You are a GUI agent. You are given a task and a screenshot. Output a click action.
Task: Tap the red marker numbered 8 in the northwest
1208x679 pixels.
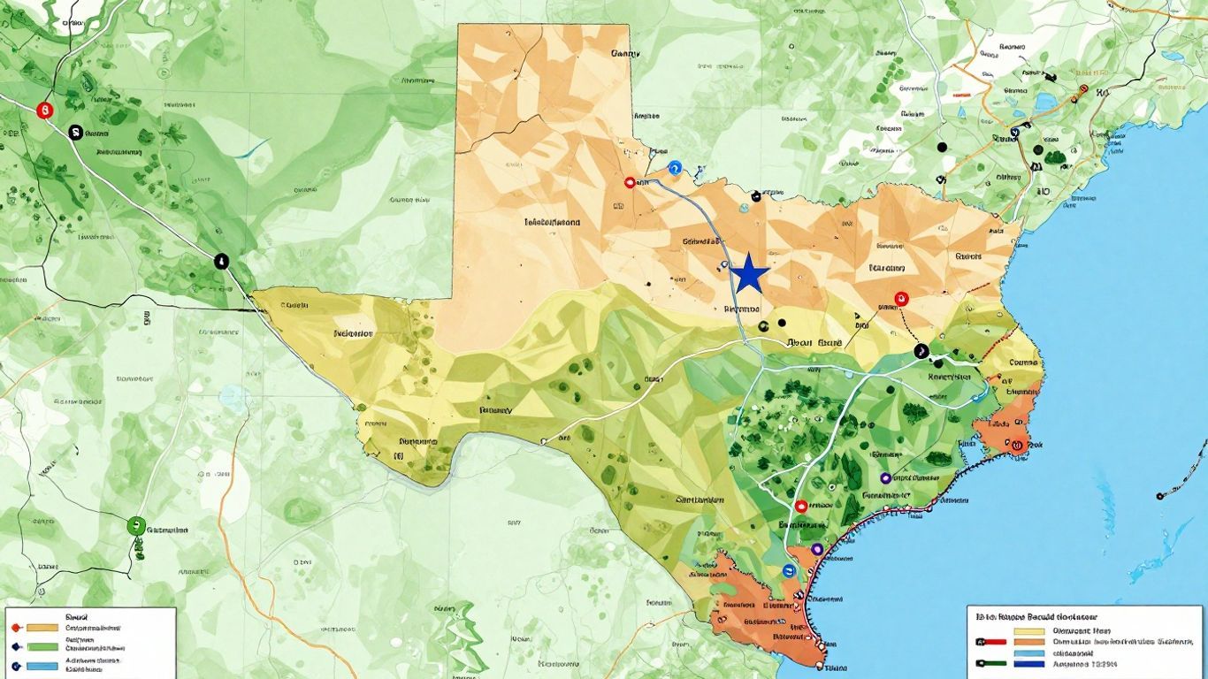(x=42, y=111)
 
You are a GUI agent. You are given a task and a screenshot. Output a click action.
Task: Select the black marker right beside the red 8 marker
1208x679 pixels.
(x=76, y=132)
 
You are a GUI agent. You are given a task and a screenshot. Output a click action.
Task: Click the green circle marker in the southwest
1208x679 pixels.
(x=135, y=524)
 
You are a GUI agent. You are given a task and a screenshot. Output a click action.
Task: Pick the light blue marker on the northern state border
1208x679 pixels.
(x=676, y=166)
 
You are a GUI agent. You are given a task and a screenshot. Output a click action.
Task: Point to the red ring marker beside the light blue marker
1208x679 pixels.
(x=631, y=182)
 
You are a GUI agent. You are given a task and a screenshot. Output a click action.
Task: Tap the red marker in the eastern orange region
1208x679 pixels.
(x=901, y=299)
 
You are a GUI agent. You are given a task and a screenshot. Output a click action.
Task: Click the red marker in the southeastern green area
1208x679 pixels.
(x=801, y=507)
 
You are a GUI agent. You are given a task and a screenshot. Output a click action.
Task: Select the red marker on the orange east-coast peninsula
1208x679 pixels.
(x=1018, y=445)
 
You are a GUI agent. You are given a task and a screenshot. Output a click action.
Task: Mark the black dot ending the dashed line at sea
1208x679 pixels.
(x=1158, y=496)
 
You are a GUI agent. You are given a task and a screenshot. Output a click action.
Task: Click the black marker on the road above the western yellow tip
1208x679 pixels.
(x=221, y=261)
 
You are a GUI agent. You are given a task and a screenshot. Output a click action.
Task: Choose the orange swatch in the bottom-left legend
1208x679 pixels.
(x=42, y=628)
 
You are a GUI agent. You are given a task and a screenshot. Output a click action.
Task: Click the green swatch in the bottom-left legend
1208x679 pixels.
(x=42, y=646)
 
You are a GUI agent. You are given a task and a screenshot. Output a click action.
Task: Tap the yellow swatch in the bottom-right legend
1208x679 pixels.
(x=1029, y=631)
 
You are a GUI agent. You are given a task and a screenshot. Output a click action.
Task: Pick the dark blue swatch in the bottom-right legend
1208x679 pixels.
(x=1029, y=664)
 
